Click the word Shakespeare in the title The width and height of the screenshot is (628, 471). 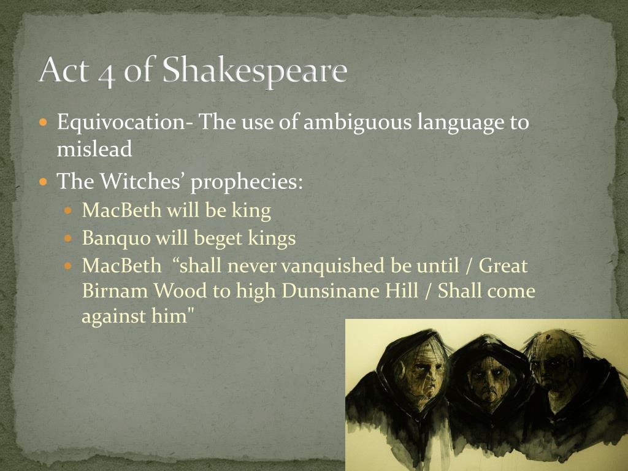click(255, 71)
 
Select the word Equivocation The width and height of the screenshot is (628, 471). click(121, 123)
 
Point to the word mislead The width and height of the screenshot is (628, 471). click(94, 149)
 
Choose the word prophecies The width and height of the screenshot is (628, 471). click(247, 183)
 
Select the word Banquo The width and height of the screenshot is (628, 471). click(116, 239)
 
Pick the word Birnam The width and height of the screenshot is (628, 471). click(115, 291)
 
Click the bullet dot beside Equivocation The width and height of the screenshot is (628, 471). click(44, 122)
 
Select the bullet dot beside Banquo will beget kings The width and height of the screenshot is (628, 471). click(69, 239)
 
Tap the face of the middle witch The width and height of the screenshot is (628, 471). click(488, 380)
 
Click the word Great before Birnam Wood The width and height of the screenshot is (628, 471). click(503, 266)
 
